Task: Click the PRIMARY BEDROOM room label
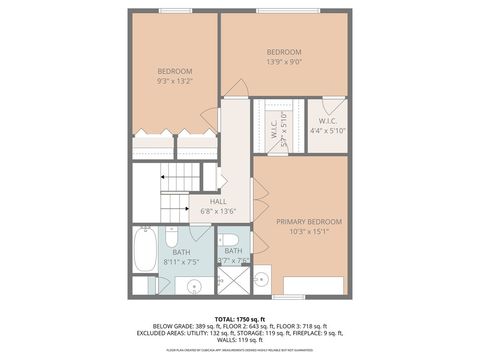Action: point(309,221)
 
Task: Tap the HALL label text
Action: point(218,201)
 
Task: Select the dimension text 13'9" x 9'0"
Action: point(284,62)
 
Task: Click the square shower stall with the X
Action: point(235,279)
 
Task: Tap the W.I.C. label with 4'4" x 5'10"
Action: point(327,124)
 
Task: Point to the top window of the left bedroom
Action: point(174,11)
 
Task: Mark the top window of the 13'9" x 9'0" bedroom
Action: point(284,11)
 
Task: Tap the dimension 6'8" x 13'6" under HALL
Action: point(218,211)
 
